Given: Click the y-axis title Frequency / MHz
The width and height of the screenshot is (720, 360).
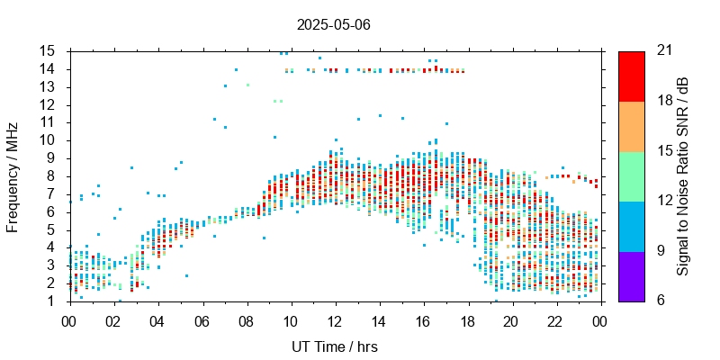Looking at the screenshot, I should pos(13,175).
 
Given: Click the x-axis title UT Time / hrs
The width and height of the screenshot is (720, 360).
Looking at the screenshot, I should pos(333,346).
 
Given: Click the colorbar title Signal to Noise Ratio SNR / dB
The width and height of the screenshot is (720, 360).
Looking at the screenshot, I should pos(683,175).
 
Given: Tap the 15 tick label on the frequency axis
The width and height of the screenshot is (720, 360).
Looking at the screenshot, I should pos(48,50).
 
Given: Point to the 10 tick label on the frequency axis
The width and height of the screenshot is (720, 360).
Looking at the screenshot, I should pos(48,139).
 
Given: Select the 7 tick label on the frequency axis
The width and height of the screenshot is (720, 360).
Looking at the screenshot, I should pos(51,193).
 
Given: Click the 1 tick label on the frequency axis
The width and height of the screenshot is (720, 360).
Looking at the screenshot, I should pos(51,301).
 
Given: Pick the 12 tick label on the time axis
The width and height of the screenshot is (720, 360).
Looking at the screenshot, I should pos(334,321).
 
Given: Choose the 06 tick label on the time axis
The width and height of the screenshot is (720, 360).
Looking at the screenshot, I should pos(202,321).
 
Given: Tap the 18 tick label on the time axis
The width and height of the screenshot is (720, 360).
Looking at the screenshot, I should pos(466,321).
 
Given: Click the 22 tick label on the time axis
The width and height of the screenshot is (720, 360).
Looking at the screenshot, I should pos(554,321).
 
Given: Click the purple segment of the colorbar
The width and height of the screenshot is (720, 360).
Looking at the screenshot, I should pos(631,275).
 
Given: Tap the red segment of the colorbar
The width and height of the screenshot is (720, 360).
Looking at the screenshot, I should pos(631,76).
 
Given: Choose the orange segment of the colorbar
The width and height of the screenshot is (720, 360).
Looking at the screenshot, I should pos(631,126).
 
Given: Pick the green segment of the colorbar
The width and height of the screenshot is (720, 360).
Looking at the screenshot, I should pos(631,175).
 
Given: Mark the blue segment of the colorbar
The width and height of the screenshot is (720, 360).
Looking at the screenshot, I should pos(631,226).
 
